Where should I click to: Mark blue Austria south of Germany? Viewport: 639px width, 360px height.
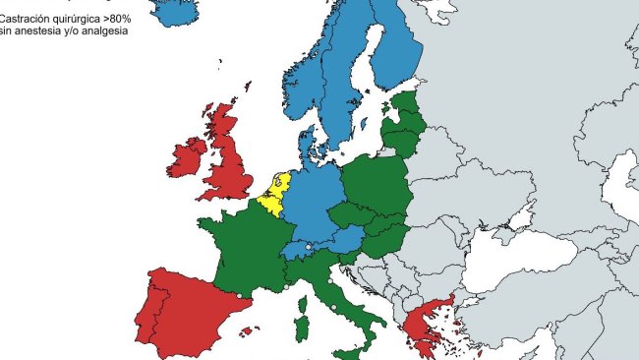coord(339,241)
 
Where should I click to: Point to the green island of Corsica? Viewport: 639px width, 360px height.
coord(305,295)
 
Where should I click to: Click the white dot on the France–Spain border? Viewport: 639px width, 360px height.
coord(240,295)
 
